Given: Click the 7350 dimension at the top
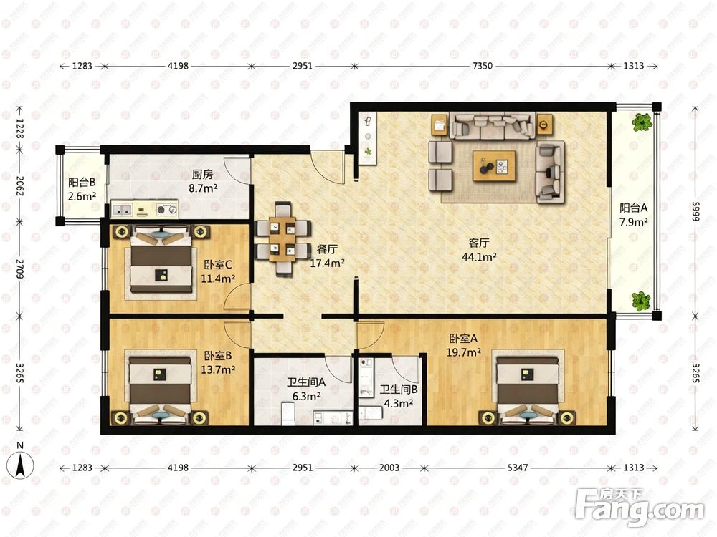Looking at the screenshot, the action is (x=482, y=66).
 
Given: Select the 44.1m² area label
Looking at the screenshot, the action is (x=479, y=257).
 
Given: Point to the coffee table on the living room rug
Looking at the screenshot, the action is (x=494, y=166).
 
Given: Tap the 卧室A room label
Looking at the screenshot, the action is (x=463, y=339).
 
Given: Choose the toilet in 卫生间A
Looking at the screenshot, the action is (x=288, y=414).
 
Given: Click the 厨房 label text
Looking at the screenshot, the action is (x=202, y=174).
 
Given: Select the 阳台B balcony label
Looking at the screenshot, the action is (x=82, y=182).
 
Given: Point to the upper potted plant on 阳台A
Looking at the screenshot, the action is (x=642, y=122).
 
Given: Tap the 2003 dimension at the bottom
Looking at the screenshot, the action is (x=389, y=468).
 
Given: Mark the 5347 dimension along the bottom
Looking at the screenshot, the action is (x=518, y=468).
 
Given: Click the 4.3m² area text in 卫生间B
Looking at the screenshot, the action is (x=398, y=404).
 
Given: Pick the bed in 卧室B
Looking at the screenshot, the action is (x=160, y=390).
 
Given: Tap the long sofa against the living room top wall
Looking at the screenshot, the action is (x=492, y=125).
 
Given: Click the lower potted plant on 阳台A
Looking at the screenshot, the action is (x=641, y=301).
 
